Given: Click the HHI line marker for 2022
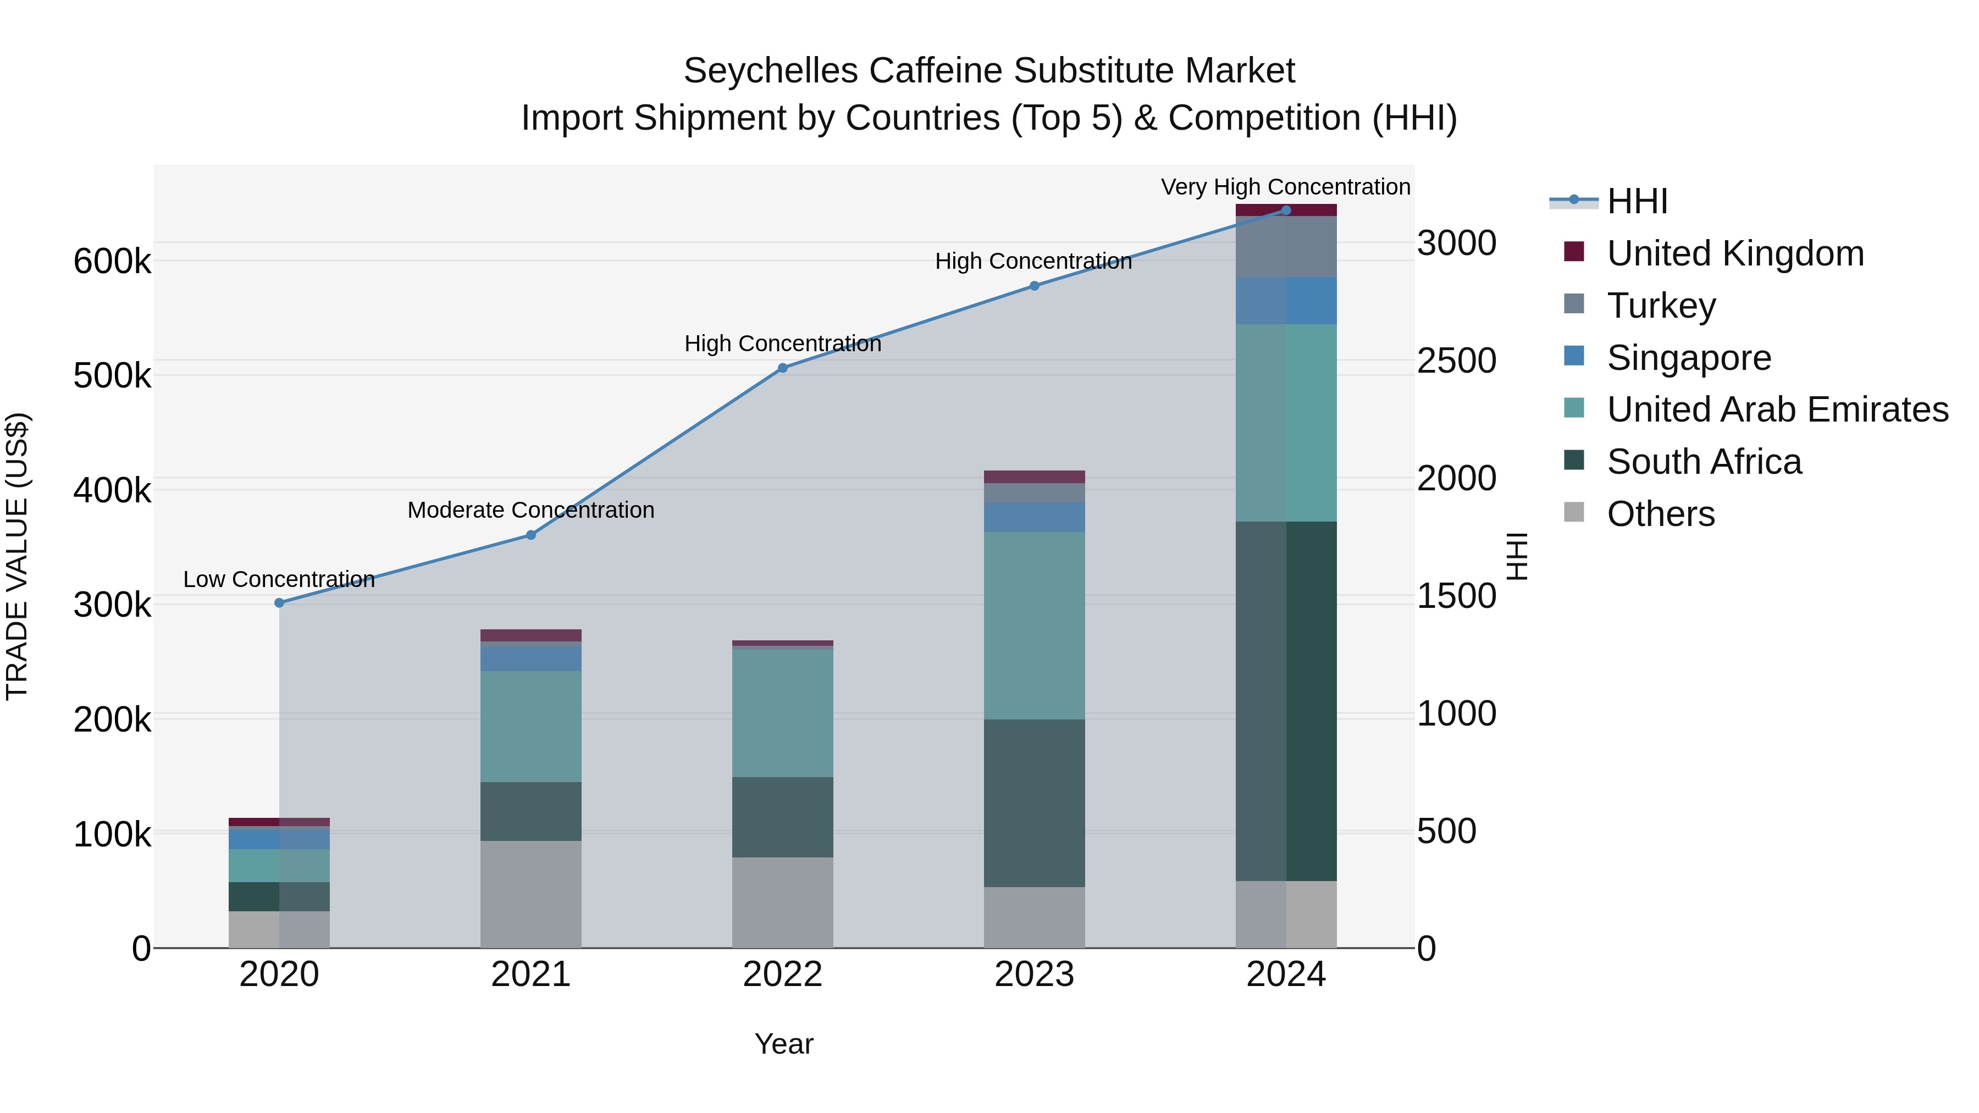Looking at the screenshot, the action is coord(782,368).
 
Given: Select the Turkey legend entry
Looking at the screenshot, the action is coord(1661,306).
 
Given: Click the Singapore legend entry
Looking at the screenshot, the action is coord(1689,358).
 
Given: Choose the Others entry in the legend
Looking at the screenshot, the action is coord(1660,514).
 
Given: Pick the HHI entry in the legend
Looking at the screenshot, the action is coord(1637,201).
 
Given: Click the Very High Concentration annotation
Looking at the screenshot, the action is coord(1285,187).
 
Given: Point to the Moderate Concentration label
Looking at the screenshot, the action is coord(531,510).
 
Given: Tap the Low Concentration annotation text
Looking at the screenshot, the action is coord(279,579).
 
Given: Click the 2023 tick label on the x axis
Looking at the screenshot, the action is coord(1034,974).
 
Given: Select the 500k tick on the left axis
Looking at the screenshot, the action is coord(112,375).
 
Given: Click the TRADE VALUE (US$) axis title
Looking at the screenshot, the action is coord(17,556).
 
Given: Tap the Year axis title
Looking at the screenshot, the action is coord(783,1044).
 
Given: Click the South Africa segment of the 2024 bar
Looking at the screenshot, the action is coord(1285,701).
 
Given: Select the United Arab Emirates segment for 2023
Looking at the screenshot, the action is coord(1034,625).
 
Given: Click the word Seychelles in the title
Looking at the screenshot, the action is coord(770,71).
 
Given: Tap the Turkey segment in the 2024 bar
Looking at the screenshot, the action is coord(1285,247).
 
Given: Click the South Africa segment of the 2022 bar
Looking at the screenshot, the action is coord(782,817).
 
